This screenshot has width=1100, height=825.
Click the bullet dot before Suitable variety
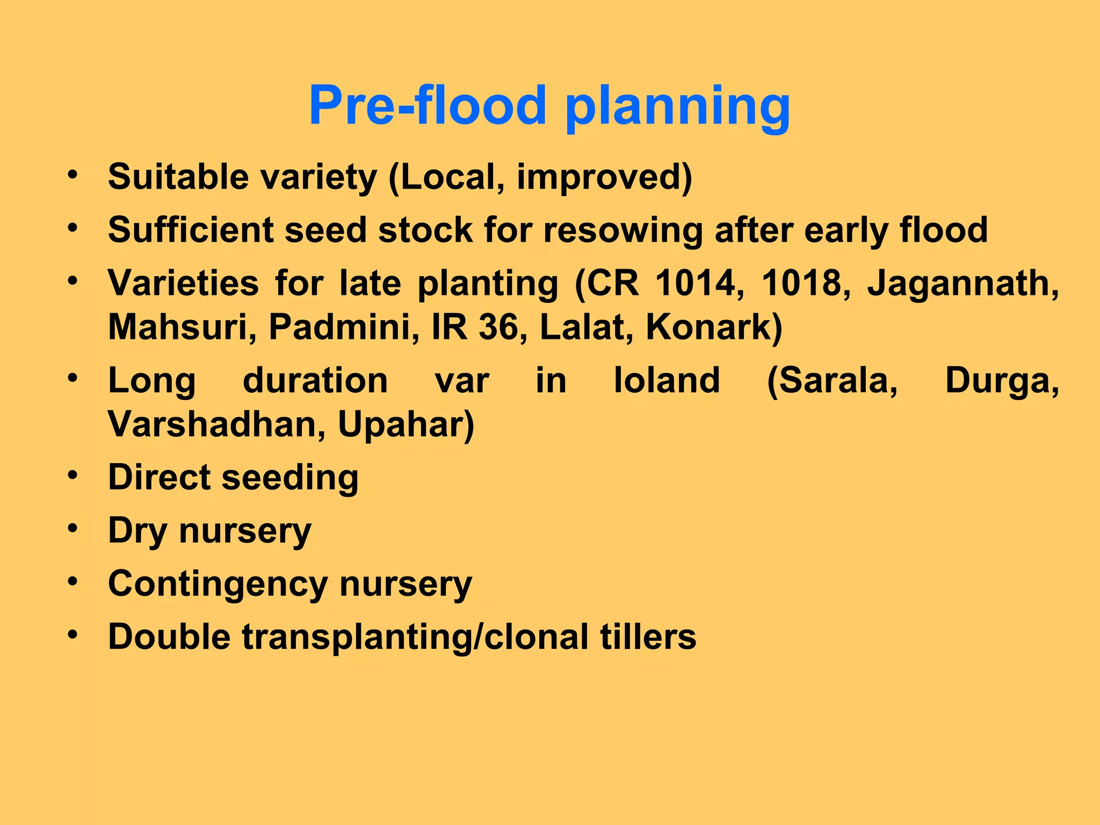click(73, 175)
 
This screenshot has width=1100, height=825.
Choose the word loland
click(667, 380)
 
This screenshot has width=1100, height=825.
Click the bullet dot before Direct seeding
click(73, 475)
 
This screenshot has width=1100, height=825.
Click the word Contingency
click(217, 584)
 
